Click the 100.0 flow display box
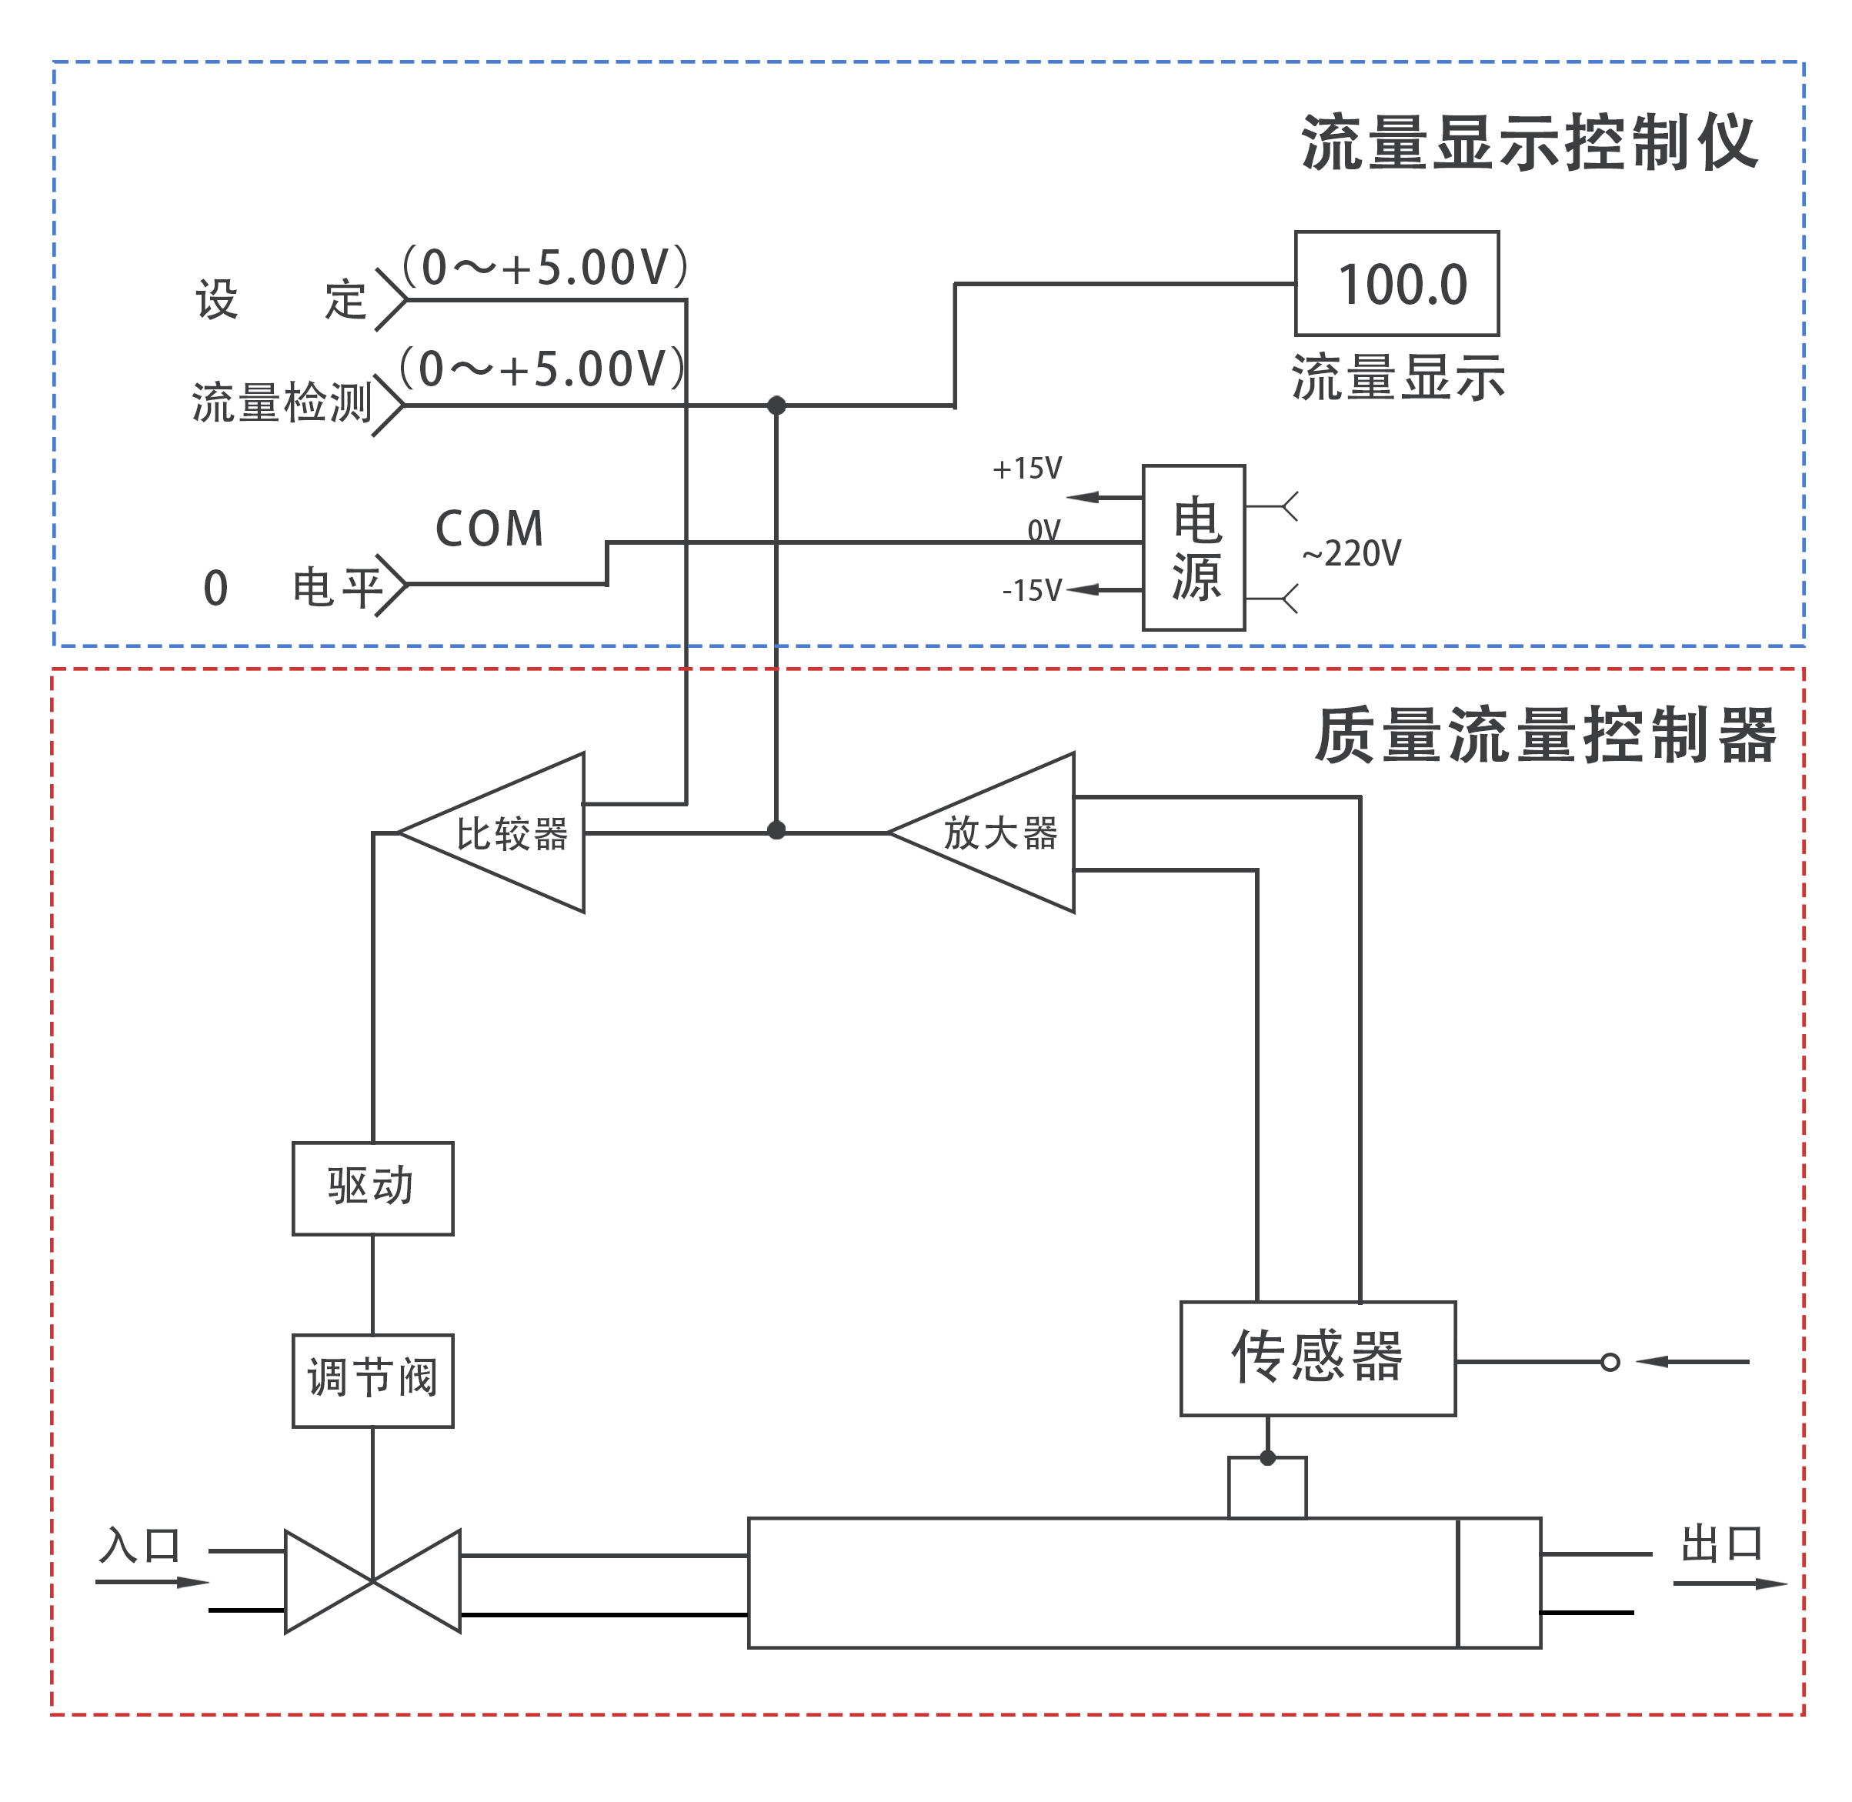pyautogui.click(x=1396, y=283)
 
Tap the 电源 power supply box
pyautogui.click(x=1193, y=547)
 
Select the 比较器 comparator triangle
pyautogui.click(x=511, y=833)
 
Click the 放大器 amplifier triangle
pyautogui.click(x=999, y=833)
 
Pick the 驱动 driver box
pyautogui.click(x=373, y=1188)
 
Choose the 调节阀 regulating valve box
pyautogui.click(x=373, y=1380)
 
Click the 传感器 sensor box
pyautogui.click(x=1317, y=1358)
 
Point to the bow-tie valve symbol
pyautogui.click(x=373, y=1580)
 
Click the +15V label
pyautogui.click(x=1026, y=469)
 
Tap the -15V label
pyautogui.click(x=1032, y=591)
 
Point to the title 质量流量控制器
pyautogui.click(x=1544, y=736)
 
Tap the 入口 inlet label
pyautogui.click(x=140, y=1546)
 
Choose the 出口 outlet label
pyautogui.click(x=1721, y=1544)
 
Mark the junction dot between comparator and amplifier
pyautogui.click(x=776, y=831)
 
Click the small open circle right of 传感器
pyautogui.click(x=1610, y=1362)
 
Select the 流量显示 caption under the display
pyautogui.click(x=1398, y=378)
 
